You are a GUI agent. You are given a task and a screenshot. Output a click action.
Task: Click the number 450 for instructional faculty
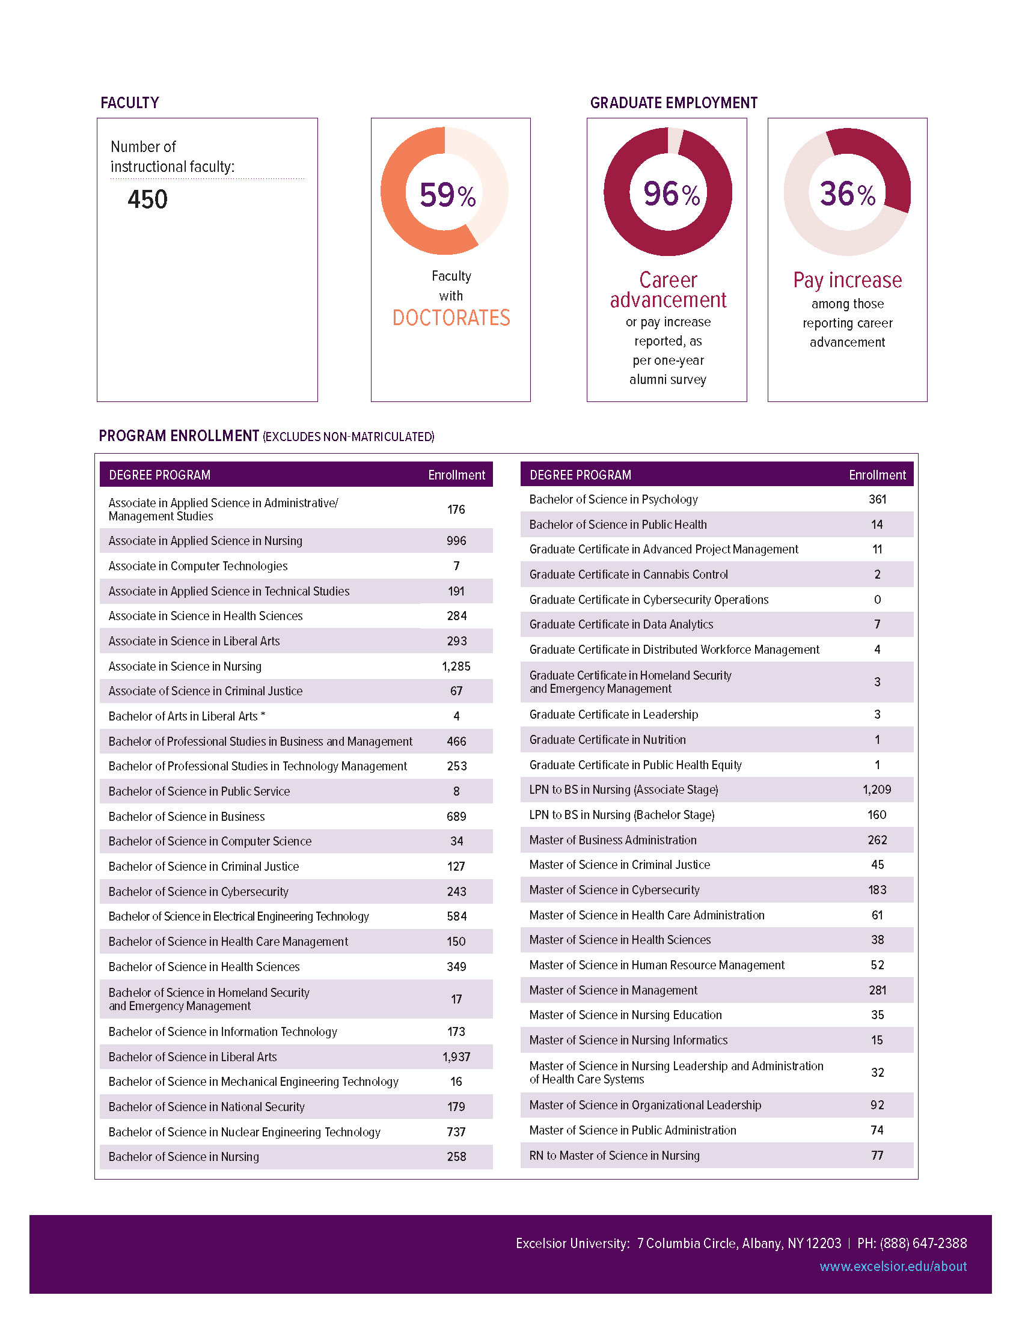(x=147, y=200)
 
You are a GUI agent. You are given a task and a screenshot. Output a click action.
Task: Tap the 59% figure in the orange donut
(x=447, y=195)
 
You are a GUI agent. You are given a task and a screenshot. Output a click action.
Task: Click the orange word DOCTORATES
(x=451, y=318)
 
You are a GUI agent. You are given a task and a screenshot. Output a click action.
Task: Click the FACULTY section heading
(x=130, y=103)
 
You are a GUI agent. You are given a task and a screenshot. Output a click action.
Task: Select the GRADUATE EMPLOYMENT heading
(x=673, y=103)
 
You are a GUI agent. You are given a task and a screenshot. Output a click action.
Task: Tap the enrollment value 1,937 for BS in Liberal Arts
(x=456, y=1057)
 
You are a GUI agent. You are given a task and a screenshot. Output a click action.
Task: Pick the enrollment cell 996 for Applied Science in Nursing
(x=456, y=541)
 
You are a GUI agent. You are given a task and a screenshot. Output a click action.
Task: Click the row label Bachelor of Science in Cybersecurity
(x=198, y=892)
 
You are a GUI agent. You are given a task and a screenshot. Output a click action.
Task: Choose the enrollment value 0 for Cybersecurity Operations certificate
(x=877, y=600)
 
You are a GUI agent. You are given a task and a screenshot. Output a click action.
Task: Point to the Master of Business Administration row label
(x=613, y=840)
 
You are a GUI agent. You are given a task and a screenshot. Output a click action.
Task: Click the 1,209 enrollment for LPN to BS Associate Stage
(x=877, y=790)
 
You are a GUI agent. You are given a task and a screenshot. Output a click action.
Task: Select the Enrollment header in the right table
(x=877, y=475)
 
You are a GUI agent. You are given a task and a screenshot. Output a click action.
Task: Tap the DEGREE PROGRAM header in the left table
(x=160, y=475)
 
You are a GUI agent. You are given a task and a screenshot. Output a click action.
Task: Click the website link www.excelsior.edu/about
(x=892, y=1266)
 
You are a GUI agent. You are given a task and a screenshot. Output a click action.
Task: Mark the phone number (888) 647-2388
(x=923, y=1243)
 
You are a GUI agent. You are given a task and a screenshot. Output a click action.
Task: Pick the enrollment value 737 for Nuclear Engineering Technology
(x=456, y=1132)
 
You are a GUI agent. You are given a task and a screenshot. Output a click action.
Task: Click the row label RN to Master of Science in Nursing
(x=614, y=1156)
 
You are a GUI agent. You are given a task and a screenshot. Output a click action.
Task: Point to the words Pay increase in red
(x=847, y=280)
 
